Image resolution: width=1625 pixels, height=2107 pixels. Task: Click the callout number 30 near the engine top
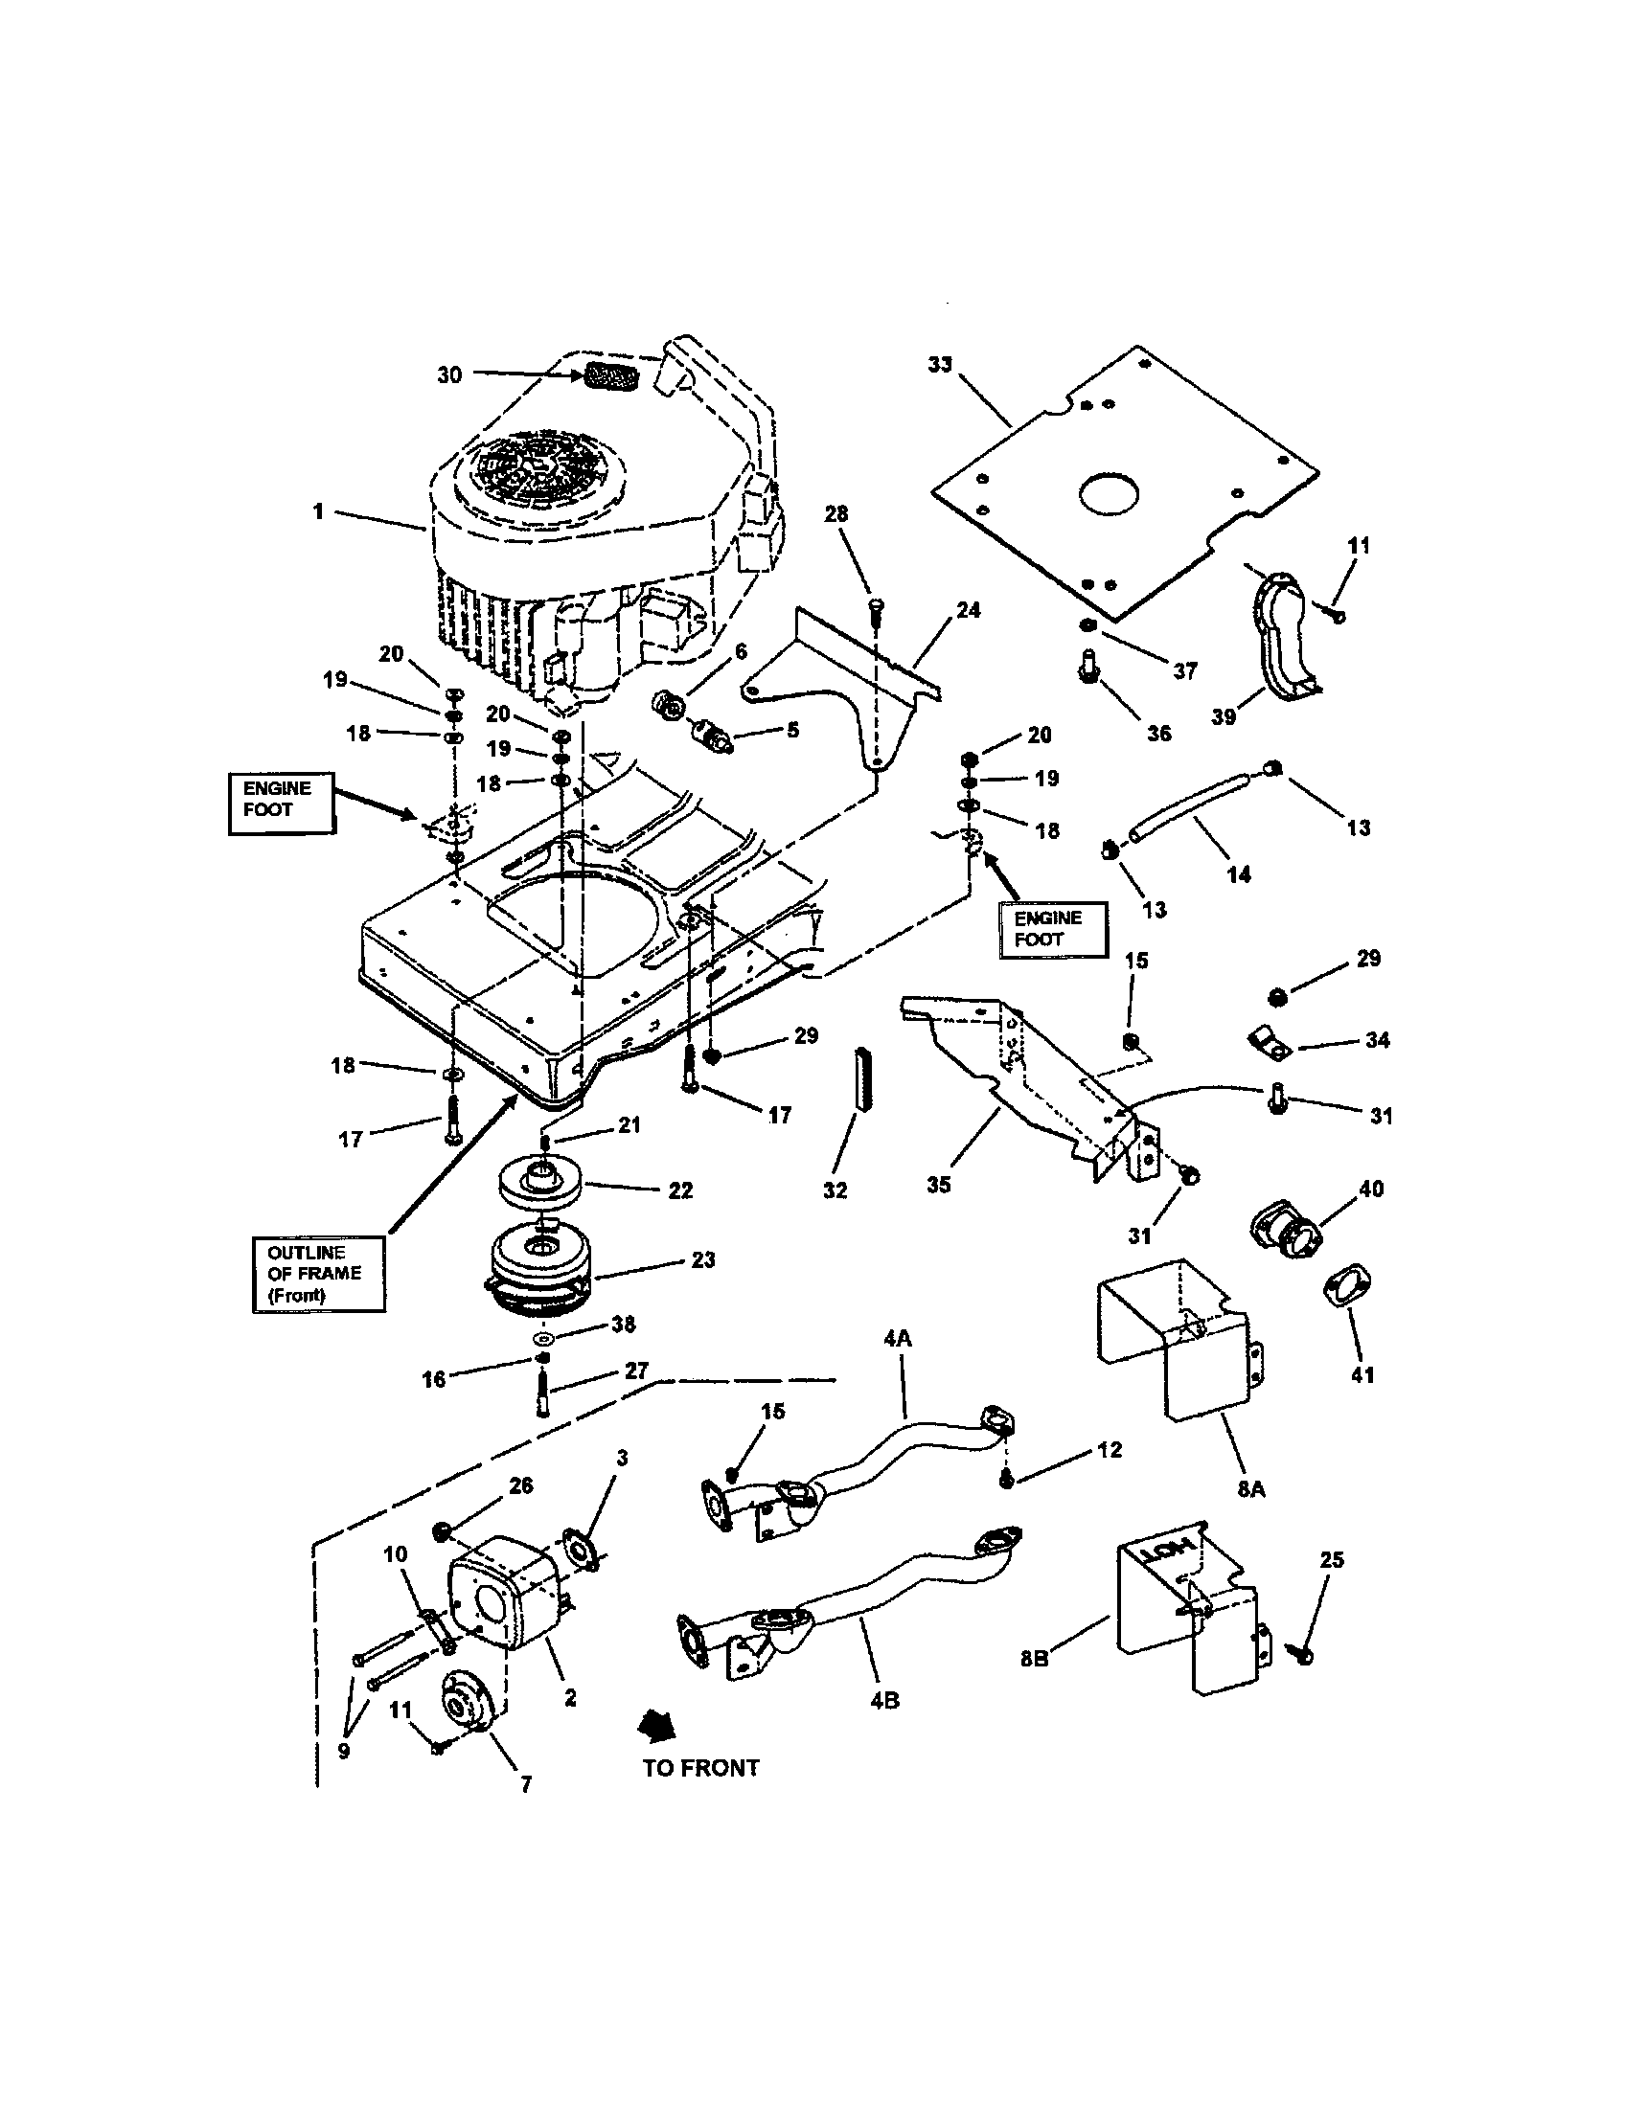point(449,375)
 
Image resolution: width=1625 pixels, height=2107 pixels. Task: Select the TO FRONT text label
point(700,1768)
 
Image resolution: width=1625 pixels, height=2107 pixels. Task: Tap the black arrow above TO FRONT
point(660,1725)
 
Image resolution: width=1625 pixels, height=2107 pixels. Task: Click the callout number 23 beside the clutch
point(702,1260)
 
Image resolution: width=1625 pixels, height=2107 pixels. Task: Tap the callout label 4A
point(898,1339)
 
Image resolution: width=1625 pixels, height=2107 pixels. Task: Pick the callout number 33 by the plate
point(939,365)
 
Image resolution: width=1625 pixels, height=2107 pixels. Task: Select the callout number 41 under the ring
point(1362,1374)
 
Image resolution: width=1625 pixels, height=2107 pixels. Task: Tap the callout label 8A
point(1250,1489)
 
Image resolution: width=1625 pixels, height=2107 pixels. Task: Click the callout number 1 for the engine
point(318,511)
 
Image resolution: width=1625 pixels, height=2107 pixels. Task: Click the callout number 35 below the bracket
point(939,1185)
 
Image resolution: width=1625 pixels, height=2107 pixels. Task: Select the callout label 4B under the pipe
point(884,1701)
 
